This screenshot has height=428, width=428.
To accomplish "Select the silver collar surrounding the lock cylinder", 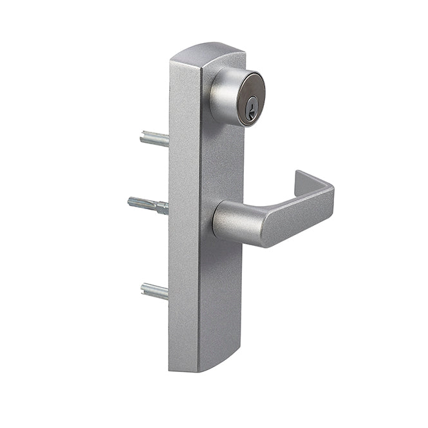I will [x=223, y=97].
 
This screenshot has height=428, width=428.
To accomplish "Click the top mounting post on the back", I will [x=155, y=138].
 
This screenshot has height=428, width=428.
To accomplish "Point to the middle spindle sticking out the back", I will [x=149, y=205].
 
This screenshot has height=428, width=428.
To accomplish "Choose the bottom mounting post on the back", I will [x=154, y=292].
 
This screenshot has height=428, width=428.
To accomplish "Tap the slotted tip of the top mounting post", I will [x=143, y=136].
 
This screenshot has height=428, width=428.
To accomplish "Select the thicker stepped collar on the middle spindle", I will [x=162, y=207].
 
